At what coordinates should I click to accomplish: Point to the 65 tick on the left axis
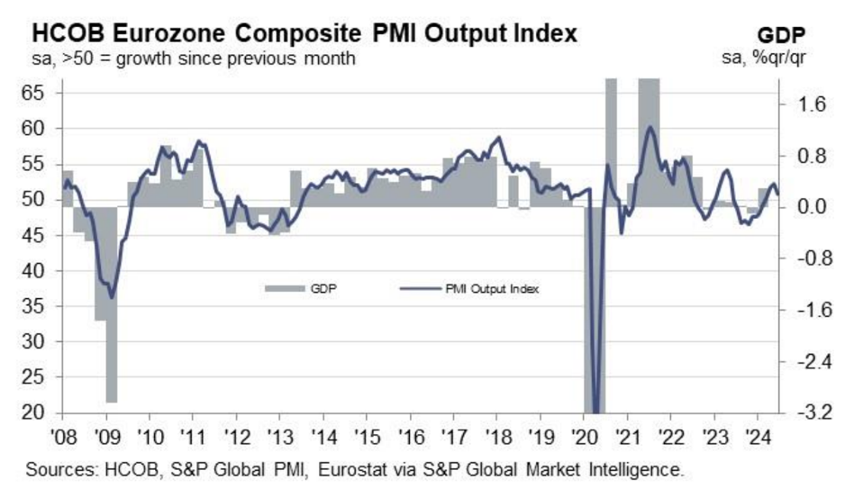43,93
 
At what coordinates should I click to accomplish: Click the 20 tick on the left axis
43,413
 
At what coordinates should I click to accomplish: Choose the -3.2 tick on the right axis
804,413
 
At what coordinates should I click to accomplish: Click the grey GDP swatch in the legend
283,289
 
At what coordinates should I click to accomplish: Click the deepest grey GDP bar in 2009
112,304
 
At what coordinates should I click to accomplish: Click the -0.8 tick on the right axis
804,258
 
